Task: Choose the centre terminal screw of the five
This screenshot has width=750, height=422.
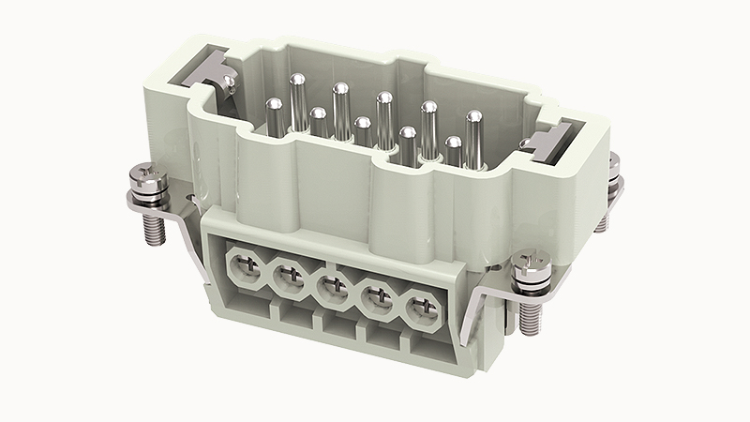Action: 331,287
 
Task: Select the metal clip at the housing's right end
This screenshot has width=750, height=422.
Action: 547,141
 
